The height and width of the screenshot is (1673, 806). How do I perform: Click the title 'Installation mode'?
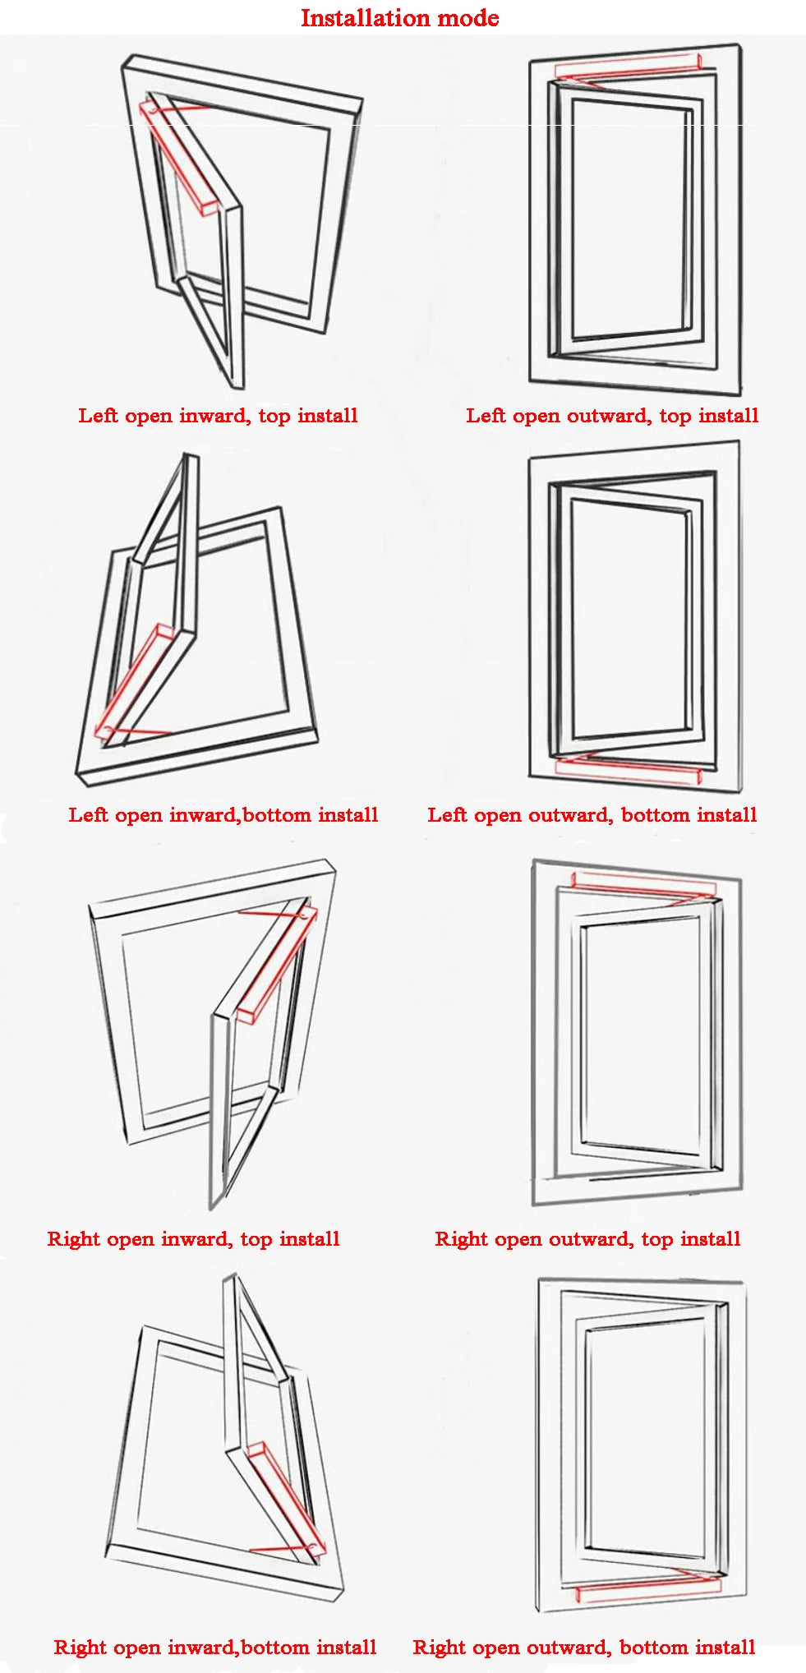[x=399, y=18]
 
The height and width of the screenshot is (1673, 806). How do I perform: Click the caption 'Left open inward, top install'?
[x=218, y=416]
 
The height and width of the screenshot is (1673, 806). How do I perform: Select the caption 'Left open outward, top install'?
[x=612, y=416]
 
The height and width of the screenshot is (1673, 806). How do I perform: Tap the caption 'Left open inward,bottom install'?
[x=223, y=815]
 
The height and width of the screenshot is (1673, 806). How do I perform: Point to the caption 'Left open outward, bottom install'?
[x=592, y=815]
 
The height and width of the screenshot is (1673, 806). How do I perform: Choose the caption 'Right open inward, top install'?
[x=193, y=1239]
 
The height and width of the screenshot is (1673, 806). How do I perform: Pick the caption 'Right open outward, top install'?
[x=587, y=1239]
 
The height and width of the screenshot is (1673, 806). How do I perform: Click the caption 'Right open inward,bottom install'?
[x=215, y=1648]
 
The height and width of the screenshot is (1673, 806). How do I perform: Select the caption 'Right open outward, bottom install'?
[x=584, y=1648]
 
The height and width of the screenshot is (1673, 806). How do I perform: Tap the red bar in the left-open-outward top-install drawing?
[x=628, y=68]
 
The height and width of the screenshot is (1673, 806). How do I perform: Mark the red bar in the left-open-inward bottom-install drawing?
[x=136, y=682]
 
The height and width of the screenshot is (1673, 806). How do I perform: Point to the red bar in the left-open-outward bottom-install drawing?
[x=628, y=768]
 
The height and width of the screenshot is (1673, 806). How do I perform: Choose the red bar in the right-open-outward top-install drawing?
[x=643, y=886]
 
